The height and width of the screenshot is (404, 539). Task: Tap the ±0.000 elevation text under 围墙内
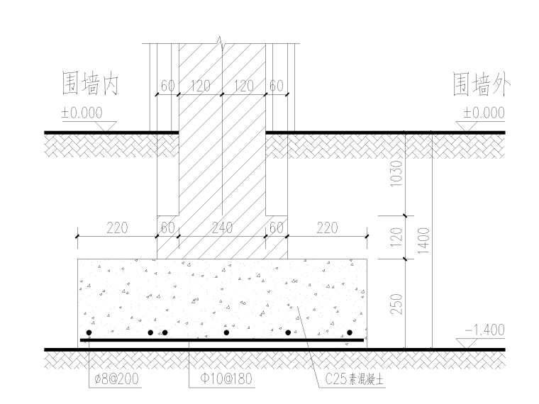coord(82,113)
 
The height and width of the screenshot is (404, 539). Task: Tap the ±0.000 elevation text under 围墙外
coord(484,113)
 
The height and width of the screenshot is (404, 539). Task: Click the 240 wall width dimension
coord(222,228)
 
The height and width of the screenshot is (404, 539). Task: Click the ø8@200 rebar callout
coord(116,379)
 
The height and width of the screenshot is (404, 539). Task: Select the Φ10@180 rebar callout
coord(221,379)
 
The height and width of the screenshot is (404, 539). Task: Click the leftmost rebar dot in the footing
coord(89,332)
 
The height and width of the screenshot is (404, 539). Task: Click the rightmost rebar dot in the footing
coord(350,332)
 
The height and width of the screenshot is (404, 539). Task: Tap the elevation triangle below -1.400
coord(468,343)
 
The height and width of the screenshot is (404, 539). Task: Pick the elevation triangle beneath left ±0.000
coord(107,125)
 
